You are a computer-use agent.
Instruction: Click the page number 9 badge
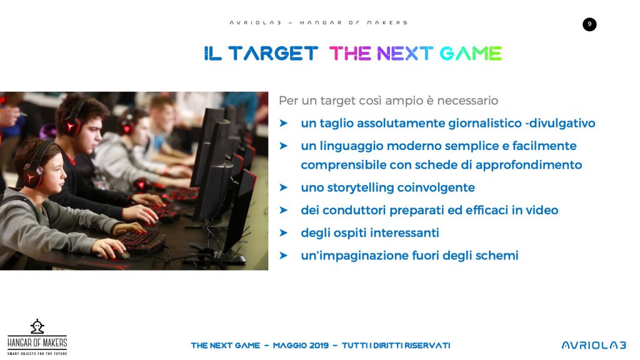pos(589,24)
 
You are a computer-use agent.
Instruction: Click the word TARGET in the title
pos(273,54)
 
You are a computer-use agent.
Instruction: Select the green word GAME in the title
pos(471,54)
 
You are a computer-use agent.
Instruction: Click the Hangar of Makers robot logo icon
pos(37,326)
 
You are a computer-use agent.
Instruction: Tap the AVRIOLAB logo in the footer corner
pos(594,345)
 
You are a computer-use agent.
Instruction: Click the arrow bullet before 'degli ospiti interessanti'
pos(283,232)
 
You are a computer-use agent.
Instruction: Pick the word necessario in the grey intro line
pos(467,101)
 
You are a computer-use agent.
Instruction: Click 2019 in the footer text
pos(319,346)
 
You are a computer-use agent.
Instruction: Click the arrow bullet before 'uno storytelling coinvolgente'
pos(283,187)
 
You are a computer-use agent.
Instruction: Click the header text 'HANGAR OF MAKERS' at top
pos(354,23)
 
